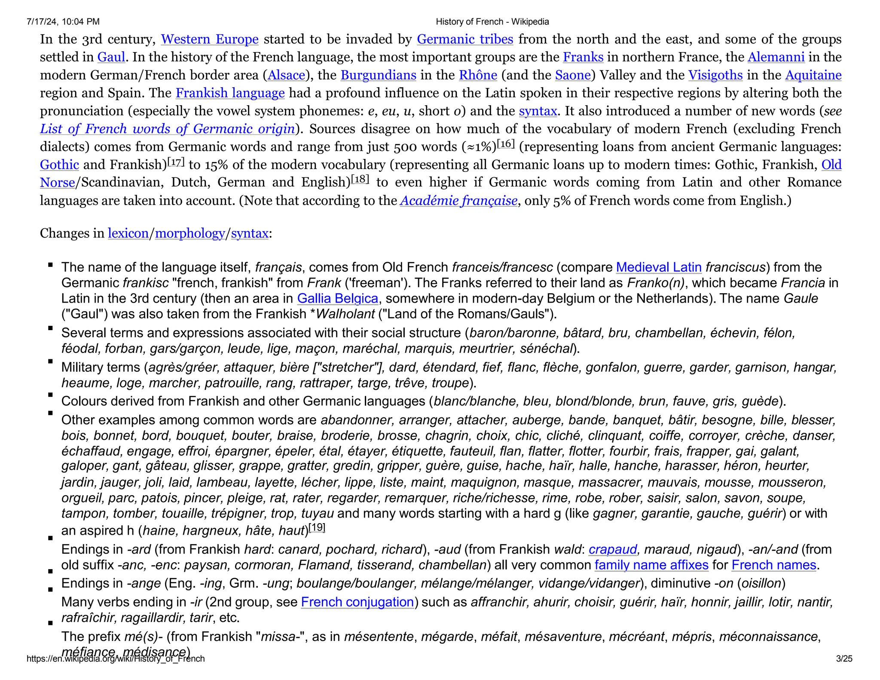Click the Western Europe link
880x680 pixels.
click(x=210, y=39)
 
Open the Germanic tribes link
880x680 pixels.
click(x=465, y=39)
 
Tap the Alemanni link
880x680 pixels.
click(x=776, y=57)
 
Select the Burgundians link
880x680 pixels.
click(x=378, y=75)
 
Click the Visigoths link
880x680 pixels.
click(x=715, y=75)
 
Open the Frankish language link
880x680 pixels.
click(x=230, y=93)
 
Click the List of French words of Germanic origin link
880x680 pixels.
click(x=168, y=129)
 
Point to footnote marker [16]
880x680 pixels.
click(x=505, y=144)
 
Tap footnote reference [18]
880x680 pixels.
click(x=360, y=179)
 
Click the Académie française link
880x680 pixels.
click(x=458, y=201)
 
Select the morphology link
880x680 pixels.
click(x=190, y=233)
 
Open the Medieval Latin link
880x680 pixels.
click(x=659, y=267)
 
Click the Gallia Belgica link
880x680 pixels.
click(x=337, y=299)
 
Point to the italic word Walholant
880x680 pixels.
click(x=345, y=314)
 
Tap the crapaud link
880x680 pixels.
click(x=613, y=550)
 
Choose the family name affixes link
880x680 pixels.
click(x=651, y=565)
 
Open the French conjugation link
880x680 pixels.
click(x=357, y=602)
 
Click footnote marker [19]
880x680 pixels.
click(x=317, y=527)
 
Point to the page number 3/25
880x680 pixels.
click(x=844, y=659)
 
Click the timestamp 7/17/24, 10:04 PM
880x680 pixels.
click(x=63, y=22)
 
